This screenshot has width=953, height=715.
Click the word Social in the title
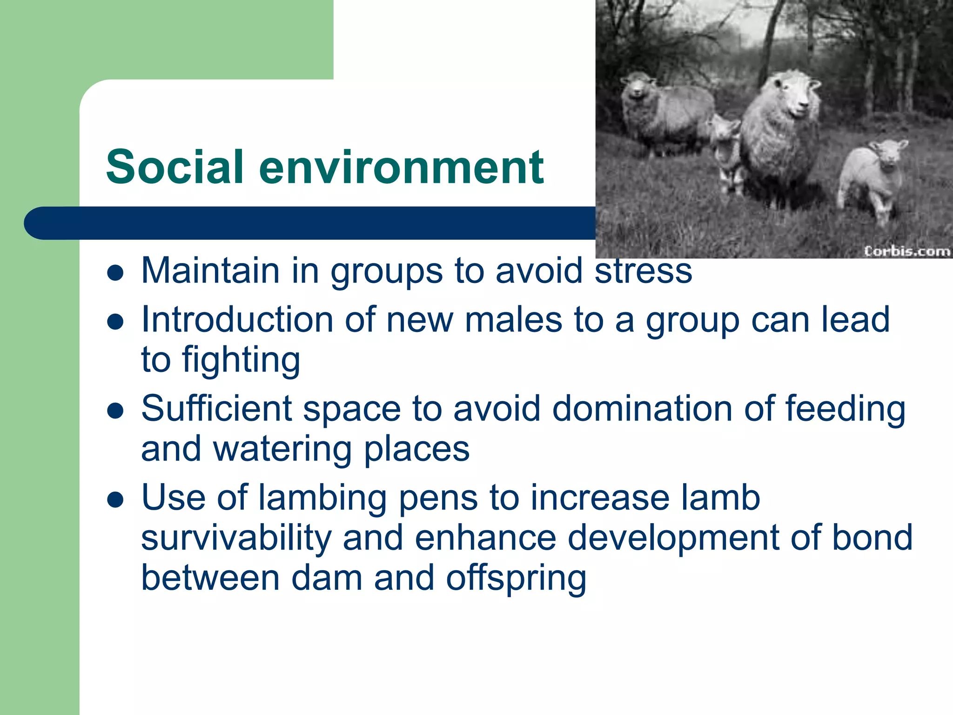tap(174, 167)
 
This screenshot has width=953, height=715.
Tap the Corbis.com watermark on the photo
tap(906, 251)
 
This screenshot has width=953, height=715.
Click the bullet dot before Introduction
tap(115, 322)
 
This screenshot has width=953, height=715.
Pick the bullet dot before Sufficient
tap(115, 411)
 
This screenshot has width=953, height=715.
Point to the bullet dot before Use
tap(115, 500)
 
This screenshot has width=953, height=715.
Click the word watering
tap(282, 450)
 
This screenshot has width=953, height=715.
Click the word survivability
tap(236, 538)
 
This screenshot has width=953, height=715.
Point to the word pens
tap(438, 499)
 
